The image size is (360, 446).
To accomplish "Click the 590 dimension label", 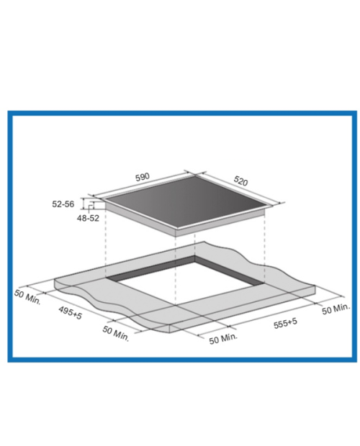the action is coord(143,177).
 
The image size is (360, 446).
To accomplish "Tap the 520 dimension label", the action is coord(240,181).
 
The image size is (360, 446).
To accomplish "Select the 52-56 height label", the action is coord(63,204).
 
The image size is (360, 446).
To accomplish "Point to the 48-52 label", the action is coord(88,218).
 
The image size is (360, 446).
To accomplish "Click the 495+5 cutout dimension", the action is coord(71,313).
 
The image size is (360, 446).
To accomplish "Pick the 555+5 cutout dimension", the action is coord(285,324).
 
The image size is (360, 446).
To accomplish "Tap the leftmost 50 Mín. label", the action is coord(27,297).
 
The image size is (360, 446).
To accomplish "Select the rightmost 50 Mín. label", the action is coord(336,309).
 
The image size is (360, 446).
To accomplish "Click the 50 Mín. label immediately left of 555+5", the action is coord(223,339).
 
